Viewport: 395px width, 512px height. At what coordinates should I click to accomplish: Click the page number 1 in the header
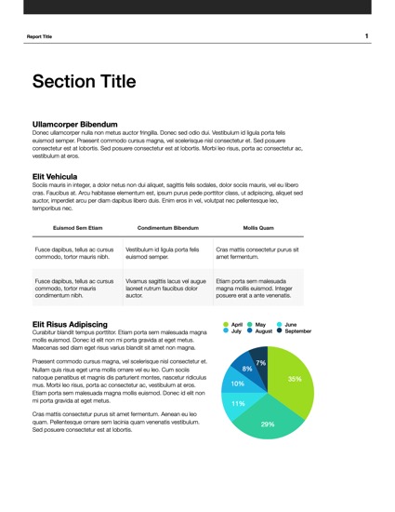coord(366,36)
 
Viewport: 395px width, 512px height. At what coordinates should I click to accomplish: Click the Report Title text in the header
coord(40,37)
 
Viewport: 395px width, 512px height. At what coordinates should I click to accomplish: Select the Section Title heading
coord(84,82)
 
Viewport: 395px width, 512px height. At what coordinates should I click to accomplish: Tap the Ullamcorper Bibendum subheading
coord(74,124)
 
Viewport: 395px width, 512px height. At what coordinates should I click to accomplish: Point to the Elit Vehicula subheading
coord(54,176)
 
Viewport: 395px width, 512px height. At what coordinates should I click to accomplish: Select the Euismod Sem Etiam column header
coord(76,227)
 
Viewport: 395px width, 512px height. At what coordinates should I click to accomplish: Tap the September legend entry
coord(294,331)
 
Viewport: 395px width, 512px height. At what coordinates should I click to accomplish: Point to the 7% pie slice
coord(260,362)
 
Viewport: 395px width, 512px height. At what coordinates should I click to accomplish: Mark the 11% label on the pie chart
coord(238,403)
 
